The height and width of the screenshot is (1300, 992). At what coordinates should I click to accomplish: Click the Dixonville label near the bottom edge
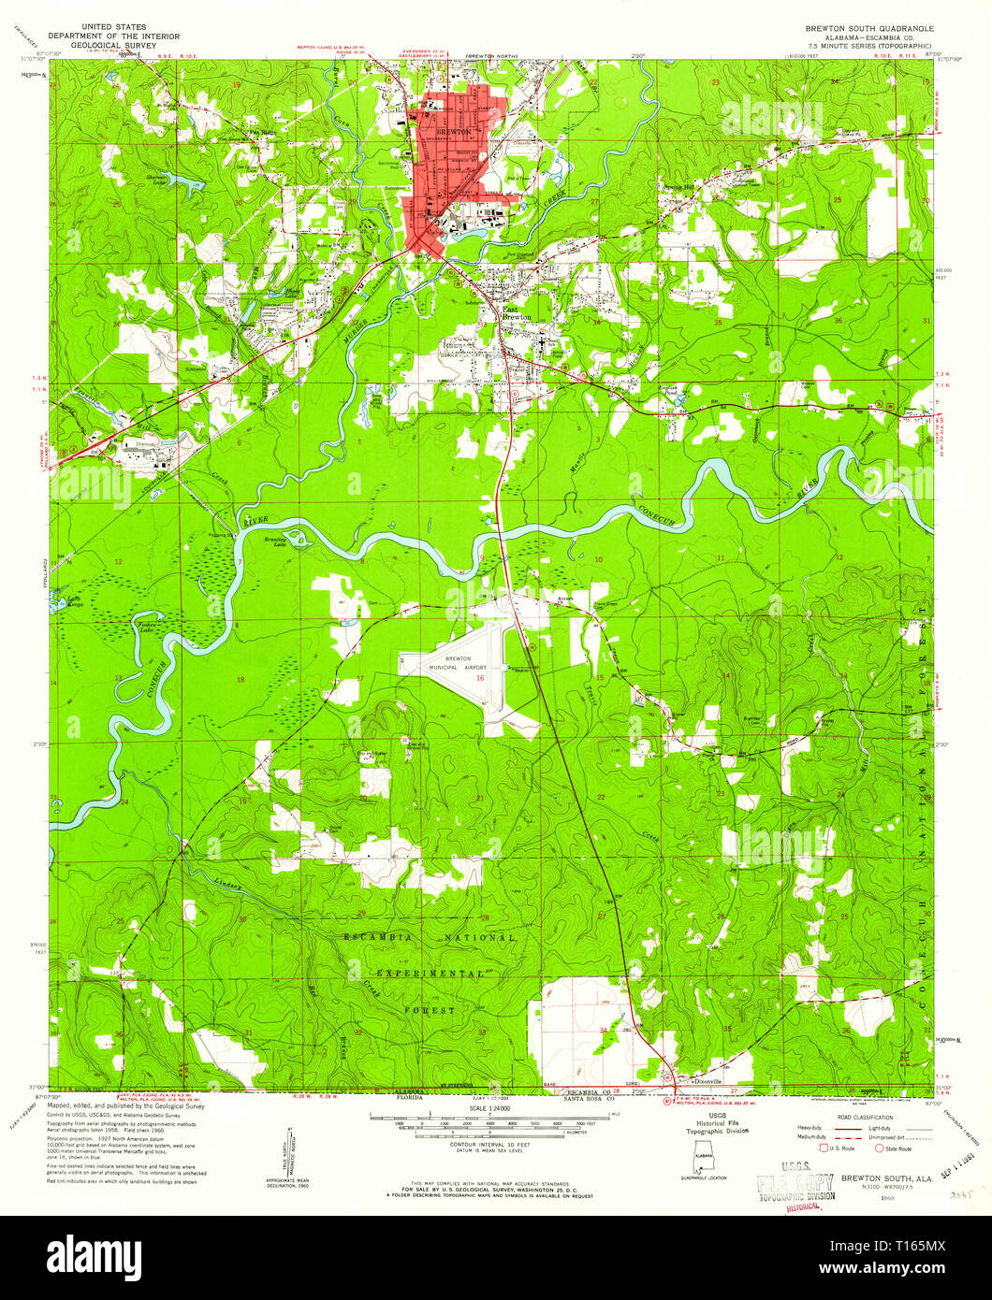tap(709, 1078)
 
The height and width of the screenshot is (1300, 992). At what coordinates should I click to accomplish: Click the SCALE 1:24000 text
tap(495, 1109)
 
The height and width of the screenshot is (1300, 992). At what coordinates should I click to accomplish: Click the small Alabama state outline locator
tap(701, 1163)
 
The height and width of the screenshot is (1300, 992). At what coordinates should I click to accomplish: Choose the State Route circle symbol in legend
tap(879, 1147)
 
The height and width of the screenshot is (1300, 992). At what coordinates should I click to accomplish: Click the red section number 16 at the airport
tap(481, 677)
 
